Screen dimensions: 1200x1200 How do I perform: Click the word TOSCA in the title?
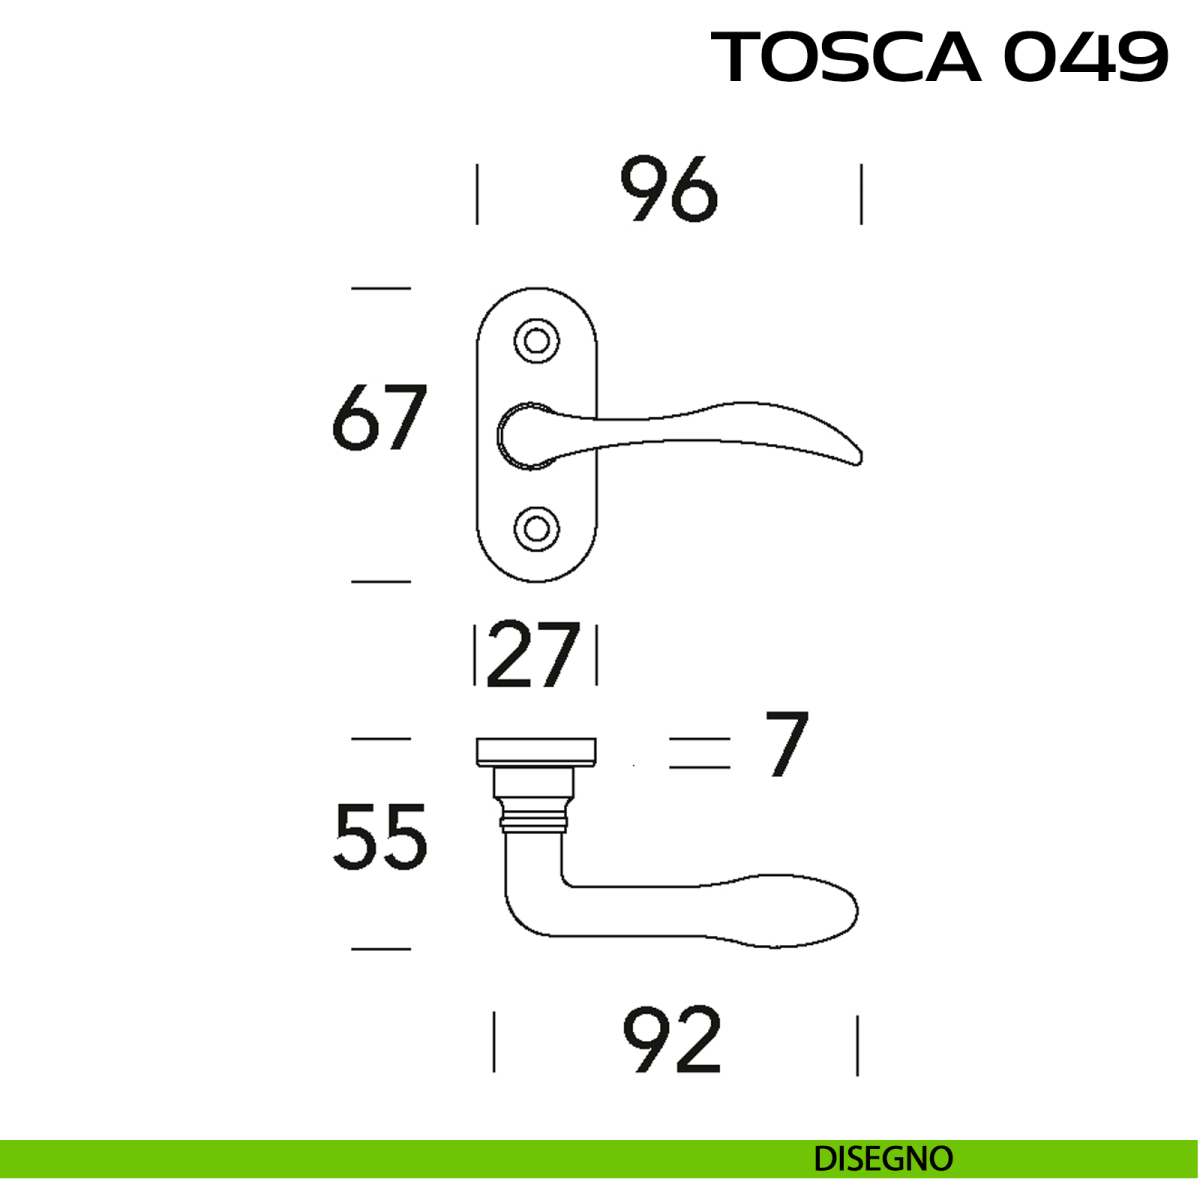846,57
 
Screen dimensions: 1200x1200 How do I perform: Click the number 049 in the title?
1085,57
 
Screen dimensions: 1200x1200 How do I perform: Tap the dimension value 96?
669,190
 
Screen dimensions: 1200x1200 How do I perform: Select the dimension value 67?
379,418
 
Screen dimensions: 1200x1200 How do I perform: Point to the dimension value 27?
533,656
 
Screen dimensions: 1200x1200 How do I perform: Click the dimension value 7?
786,744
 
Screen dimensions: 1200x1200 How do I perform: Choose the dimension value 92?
671,1041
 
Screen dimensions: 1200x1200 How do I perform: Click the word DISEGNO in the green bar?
883,1159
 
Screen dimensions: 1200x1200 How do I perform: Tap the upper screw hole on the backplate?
536,340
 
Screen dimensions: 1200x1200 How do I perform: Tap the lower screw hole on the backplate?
536,526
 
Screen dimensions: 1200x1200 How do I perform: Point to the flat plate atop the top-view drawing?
536,751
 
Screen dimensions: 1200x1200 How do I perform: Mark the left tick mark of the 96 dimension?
477,195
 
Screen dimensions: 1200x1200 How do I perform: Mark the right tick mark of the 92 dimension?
857,1045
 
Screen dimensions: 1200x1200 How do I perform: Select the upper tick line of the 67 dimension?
381,288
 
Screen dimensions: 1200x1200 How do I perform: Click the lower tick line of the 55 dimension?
381,948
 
